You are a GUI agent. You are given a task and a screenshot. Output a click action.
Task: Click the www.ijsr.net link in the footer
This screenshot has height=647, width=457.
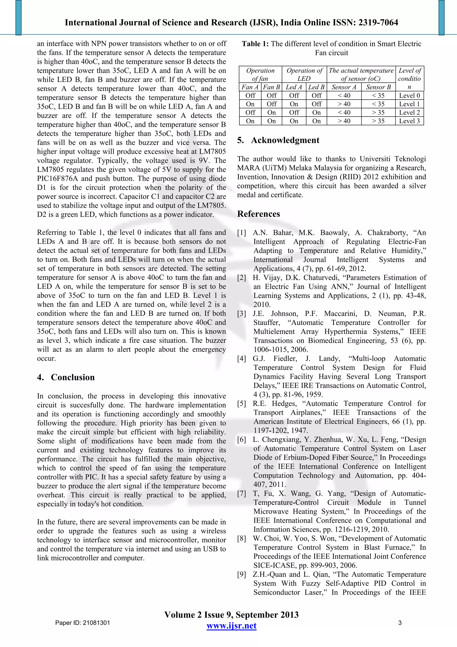pyautogui.click(x=231, y=626)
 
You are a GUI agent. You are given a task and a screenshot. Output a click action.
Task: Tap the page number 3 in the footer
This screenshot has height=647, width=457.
pyautogui.click(x=400, y=623)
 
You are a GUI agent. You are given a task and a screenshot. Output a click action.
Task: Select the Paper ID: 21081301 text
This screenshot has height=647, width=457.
pyautogui.click(x=83, y=623)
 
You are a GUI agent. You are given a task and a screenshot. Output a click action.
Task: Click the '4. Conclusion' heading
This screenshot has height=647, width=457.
pyautogui.click(x=66, y=377)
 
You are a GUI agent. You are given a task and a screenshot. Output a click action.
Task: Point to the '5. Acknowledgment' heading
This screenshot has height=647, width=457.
pyautogui.click(x=278, y=140)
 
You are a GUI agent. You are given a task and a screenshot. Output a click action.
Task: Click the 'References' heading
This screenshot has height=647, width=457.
pyautogui.click(x=258, y=214)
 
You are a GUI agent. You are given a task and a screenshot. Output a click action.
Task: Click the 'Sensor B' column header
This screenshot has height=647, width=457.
pyautogui.click(x=378, y=87)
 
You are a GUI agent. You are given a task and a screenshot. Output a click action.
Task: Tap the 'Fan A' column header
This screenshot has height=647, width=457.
pyautogui.click(x=250, y=87)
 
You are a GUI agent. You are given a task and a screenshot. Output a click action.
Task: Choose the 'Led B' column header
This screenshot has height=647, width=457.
pyautogui.click(x=316, y=87)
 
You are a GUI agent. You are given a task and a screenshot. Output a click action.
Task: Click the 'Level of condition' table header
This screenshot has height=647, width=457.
pyautogui.click(x=409, y=78)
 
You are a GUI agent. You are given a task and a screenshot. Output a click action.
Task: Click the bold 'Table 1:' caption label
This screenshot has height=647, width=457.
pyautogui.click(x=255, y=44)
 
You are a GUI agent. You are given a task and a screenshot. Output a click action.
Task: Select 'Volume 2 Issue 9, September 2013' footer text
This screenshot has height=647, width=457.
pyautogui.click(x=231, y=615)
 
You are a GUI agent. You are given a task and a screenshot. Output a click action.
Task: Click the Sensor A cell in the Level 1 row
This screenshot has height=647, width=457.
pyautogui.click(x=344, y=104)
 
